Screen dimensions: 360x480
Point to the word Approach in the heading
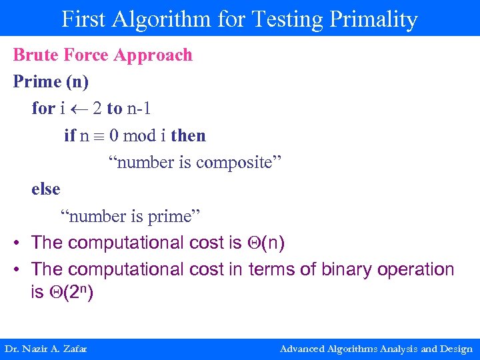(153, 55)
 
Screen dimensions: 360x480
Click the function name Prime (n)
(51, 82)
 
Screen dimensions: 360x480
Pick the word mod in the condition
(139, 136)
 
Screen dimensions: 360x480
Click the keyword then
(188, 136)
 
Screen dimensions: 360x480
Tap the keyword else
(45, 189)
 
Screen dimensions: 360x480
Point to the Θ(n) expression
(265, 243)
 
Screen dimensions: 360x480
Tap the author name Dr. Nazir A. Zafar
(46, 349)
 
